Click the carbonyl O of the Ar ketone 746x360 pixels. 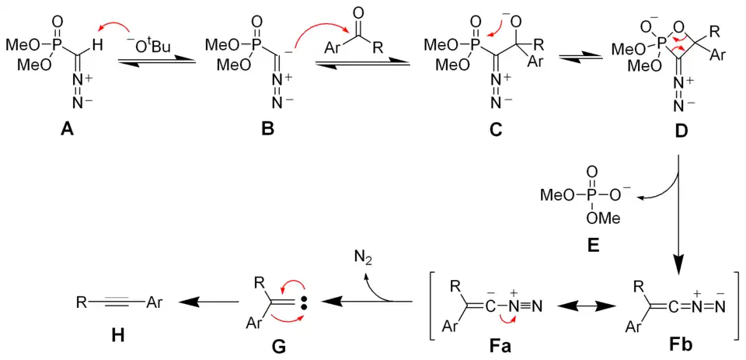click(x=357, y=13)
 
